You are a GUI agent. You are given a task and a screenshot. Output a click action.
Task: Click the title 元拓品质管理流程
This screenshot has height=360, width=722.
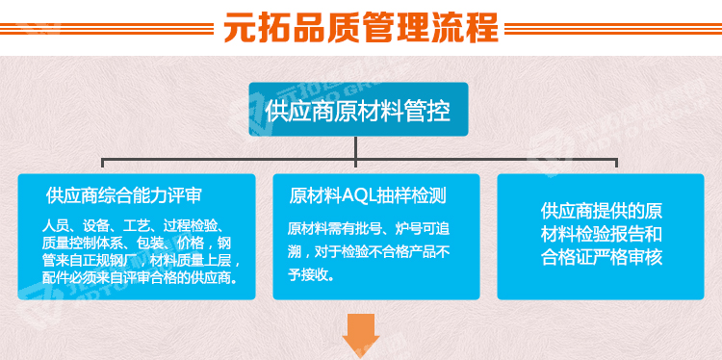tap(361, 26)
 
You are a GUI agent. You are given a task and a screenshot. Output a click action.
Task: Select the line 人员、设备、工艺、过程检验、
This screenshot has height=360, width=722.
tap(136, 225)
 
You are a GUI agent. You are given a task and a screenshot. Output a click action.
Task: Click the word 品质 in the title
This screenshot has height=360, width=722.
tap(323, 26)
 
